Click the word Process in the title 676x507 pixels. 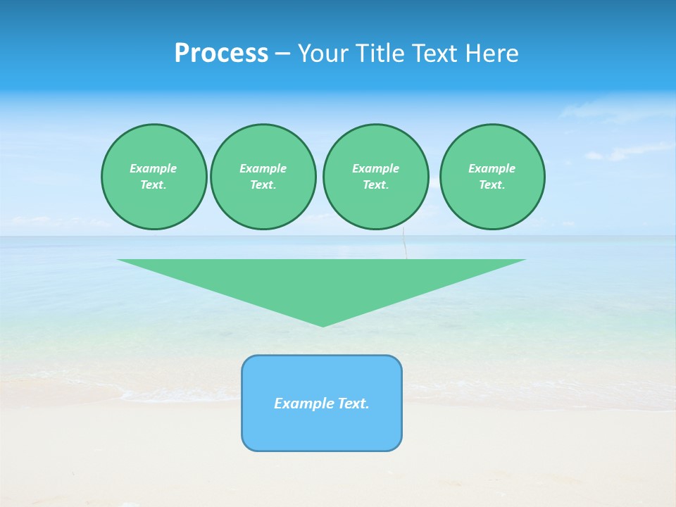point(221,54)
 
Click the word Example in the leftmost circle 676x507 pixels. point(154,168)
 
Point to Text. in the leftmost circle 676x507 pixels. point(154,184)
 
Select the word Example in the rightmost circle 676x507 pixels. point(492,168)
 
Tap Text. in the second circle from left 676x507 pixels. point(263,184)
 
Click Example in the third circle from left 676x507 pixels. point(375,168)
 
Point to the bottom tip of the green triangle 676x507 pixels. point(323,325)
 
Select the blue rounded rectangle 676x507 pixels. point(322,430)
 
